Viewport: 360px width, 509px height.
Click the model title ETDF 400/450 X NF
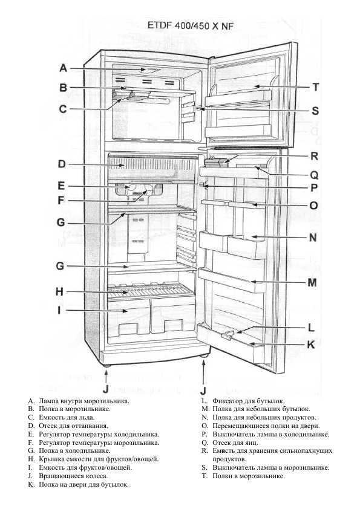(191, 26)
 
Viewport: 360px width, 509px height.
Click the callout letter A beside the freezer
(64, 68)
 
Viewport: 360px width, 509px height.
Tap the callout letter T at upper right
(315, 87)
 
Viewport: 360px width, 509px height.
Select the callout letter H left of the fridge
(59, 291)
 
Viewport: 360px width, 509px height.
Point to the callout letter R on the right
(314, 156)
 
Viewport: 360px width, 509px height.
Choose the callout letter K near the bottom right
(311, 345)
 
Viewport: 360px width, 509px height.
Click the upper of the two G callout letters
(61, 222)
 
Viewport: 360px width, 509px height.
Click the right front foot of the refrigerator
(204, 356)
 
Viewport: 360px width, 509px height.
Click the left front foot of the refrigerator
(106, 366)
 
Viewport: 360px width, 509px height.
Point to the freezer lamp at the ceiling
(149, 70)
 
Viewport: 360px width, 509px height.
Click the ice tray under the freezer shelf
(131, 95)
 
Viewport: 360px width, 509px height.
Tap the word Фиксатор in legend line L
(227, 401)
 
